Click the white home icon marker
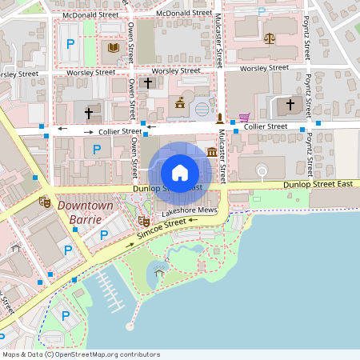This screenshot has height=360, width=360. (179, 172)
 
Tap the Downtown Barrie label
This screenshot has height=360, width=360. (85, 212)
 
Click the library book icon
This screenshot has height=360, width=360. (113, 48)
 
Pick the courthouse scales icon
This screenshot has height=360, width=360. (269, 38)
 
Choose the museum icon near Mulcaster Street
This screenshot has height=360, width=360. (212, 151)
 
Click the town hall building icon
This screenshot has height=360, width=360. (180, 103)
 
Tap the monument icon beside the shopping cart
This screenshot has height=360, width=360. (220, 118)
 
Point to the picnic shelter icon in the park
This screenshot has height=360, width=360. (159, 273)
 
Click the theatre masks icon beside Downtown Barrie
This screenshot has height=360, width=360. (45, 202)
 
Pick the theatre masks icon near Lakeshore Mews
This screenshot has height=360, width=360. (144, 220)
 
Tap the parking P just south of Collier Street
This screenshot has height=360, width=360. (98, 149)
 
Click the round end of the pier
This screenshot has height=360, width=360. (130, 326)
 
